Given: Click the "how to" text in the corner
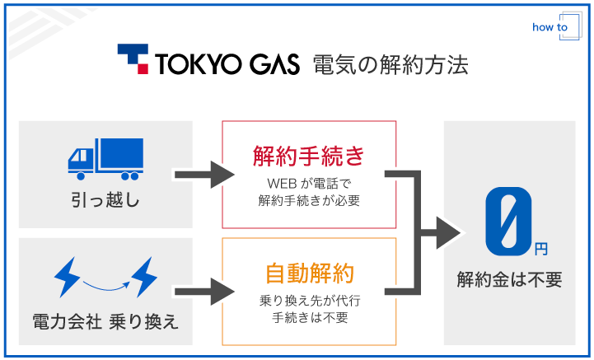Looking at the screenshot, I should (x=550, y=27).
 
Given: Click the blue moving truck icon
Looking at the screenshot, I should (x=105, y=158).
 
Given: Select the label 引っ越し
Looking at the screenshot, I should (x=105, y=199).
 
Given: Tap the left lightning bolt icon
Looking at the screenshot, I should (x=66, y=277).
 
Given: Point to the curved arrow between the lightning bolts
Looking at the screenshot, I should (x=105, y=284).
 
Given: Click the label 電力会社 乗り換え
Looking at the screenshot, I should (x=105, y=320).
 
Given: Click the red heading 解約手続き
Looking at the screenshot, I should (x=309, y=156).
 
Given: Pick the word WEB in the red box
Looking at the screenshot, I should (x=282, y=183).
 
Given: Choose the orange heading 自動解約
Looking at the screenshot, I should (x=309, y=273).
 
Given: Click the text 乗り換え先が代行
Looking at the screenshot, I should (x=309, y=300).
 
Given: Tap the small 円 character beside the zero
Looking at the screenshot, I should (x=540, y=246).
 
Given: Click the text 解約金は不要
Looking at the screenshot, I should (x=509, y=280).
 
